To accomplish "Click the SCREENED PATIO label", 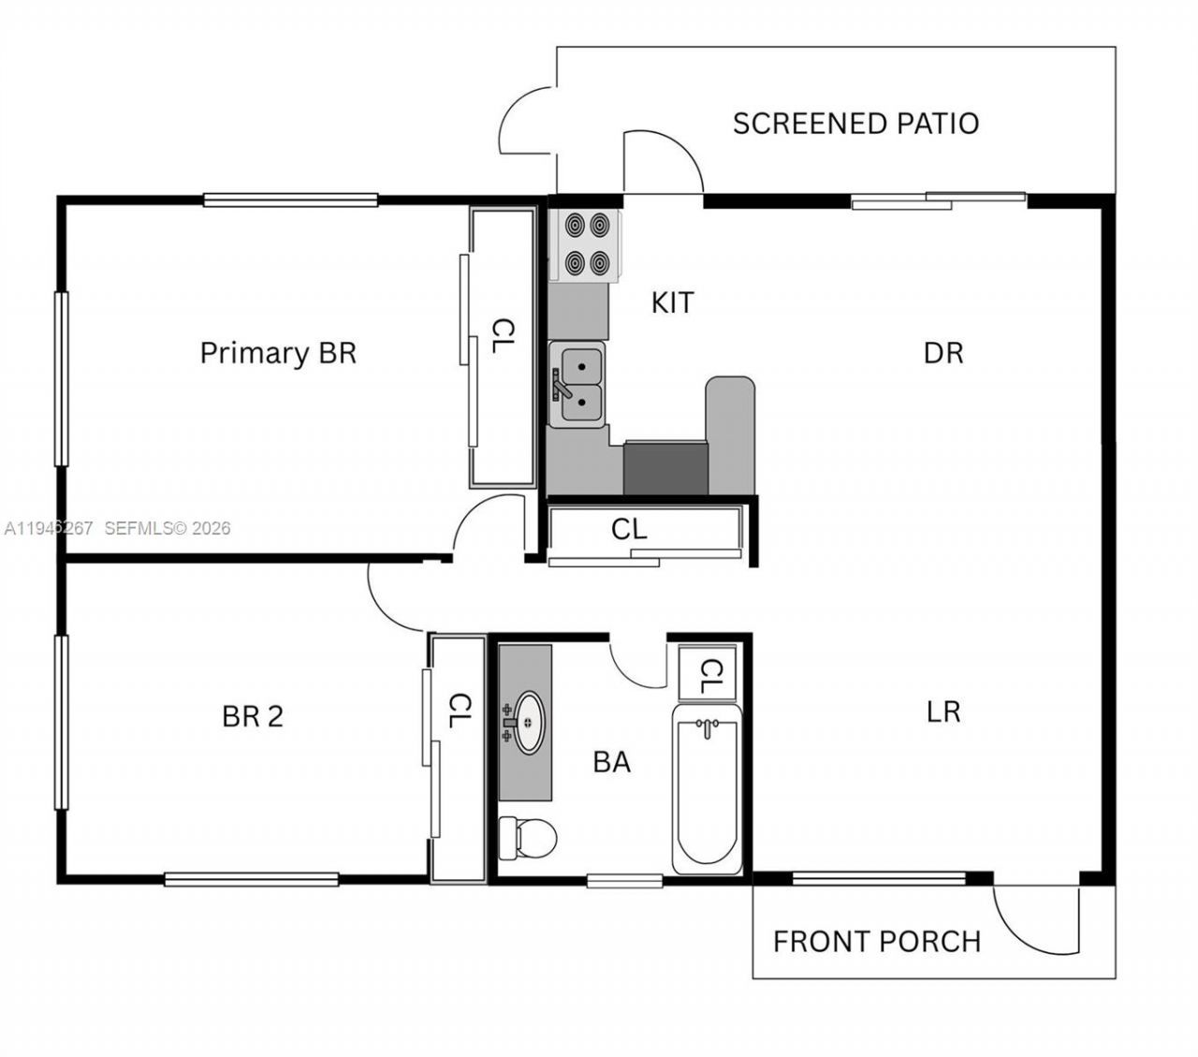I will coord(855,124).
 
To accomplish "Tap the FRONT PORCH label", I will coord(876,941).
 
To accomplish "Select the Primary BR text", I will coord(278,353).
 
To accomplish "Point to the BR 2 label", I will coord(252,716).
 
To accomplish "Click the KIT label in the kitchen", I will coord(672,303).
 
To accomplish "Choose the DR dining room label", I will coord(942,353).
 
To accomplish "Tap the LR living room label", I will coord(942,712).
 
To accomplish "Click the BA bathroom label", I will coord(611,762).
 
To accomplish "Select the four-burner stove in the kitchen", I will coord(585,245).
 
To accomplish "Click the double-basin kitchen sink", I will coord(577,385).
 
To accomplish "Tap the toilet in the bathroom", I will coord(526,837).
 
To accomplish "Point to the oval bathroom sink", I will coord(530,722).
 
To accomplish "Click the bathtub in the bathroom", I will coord(707,788).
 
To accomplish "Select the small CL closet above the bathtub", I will coord(708,672).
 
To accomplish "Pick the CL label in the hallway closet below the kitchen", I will coord(628,530).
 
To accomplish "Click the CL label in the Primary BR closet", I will coord(504,336).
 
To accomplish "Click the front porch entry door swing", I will coord(1037,922).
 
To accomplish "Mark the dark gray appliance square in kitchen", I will coord(665,468).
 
